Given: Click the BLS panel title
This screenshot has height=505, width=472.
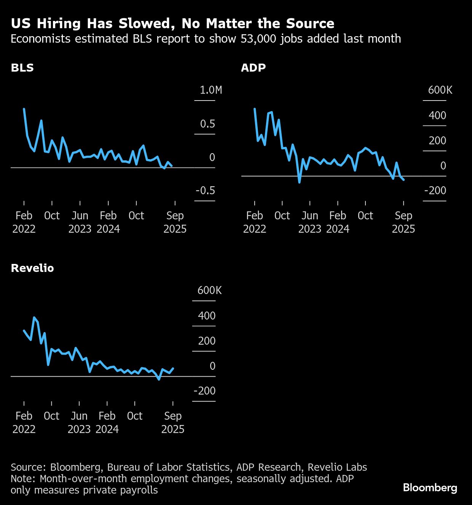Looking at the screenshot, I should click(22, 68).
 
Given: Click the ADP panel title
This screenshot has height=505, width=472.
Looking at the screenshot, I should click(253, 68).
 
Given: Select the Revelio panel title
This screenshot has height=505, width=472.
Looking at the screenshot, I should click(32, 268).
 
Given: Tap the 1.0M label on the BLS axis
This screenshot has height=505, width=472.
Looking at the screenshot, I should click(210, 90).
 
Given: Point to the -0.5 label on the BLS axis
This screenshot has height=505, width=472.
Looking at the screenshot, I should click(205, 190).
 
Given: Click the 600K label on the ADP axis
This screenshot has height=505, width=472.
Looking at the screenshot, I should click(440, 90).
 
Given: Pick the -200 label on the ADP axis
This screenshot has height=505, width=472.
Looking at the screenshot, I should click(435, 190).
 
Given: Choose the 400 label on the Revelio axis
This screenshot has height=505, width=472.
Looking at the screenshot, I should click(206, 316).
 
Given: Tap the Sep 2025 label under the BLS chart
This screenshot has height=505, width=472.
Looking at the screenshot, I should click(175, 222).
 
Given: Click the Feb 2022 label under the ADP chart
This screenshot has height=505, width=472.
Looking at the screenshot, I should click(254, 222).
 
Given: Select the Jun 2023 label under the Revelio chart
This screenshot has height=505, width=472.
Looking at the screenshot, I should click(79, 422).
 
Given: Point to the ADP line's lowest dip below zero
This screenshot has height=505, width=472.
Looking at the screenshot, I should click(300, 182).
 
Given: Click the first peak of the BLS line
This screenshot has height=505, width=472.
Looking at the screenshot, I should click(24, 109).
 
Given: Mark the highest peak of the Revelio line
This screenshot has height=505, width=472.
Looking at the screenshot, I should click(34, 317).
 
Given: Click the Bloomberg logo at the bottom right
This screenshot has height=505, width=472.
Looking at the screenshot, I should click(430, 488).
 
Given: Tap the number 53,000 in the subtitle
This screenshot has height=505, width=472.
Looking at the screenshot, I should click(258, 39).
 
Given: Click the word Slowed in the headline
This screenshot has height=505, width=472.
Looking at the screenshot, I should click(148, 24).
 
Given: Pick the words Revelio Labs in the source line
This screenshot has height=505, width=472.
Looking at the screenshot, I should click(337, 467).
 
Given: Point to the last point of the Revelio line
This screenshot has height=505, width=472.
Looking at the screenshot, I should click(173, 368).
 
